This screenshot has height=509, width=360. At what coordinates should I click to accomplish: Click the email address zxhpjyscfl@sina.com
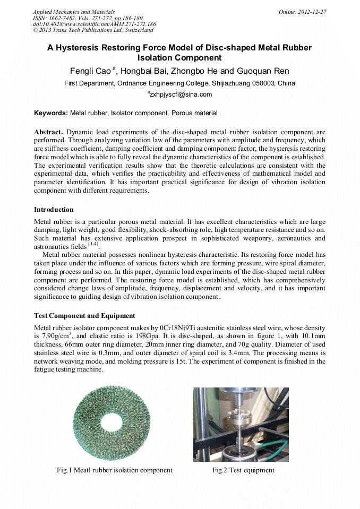(x=181, y=94)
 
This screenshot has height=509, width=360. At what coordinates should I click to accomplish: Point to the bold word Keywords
(x=50, y=113)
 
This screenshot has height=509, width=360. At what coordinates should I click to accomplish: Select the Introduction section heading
(x=54, y=210)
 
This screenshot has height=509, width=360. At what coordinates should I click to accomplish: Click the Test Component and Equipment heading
(x=84, y=316)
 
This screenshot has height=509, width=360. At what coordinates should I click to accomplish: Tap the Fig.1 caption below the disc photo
(x=115, y=470)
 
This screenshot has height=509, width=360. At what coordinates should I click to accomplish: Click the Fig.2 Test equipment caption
(x=244, y=470)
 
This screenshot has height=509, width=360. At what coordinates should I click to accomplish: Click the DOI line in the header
(x=95, y=24)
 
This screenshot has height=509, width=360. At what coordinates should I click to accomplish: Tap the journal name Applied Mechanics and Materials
(x=74, y=11)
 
